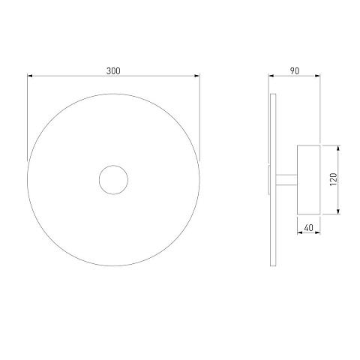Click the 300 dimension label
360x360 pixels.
tap(113, 71)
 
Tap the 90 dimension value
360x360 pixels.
tap(295, 71)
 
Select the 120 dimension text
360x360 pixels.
tap(334, 179)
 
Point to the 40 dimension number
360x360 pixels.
tap(309, 228)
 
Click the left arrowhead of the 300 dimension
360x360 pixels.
tap(30, 76)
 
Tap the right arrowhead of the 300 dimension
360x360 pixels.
tap(197, 76)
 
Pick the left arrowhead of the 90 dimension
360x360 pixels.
tap(271, 76)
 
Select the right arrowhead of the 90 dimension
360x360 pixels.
tap(317, 76)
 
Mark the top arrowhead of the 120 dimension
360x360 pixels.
tap(338, 148)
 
